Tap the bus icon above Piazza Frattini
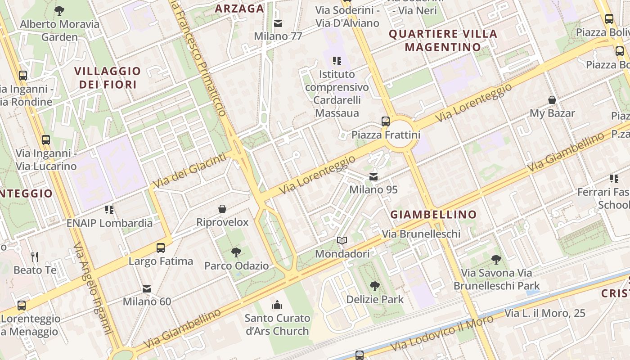[386, 121]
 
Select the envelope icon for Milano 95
[373, 177]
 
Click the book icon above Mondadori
[342, 241]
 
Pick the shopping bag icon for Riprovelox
[222, 209]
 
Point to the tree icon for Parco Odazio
[236, 252]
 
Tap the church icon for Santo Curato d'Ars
[277, 305]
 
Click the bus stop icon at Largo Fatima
[161, 247]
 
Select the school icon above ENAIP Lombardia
[109, 210]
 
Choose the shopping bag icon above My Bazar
[552, 100]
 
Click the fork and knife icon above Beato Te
[35, 257]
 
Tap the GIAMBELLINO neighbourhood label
[433, 215]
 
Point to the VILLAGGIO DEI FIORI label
[108, 77]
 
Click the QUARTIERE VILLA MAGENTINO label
[443, 40]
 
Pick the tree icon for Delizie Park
[374, 286]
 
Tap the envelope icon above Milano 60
[147, 288]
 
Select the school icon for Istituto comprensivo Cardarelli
[337, 60]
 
